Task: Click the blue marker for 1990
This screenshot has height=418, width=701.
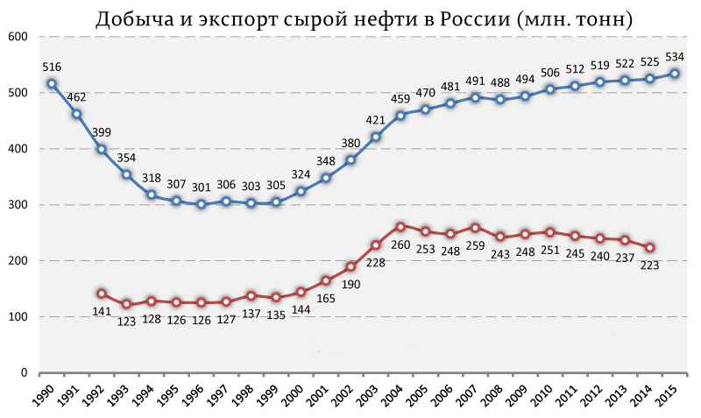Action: [52, 84]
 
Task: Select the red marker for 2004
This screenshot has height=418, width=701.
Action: [400, 227]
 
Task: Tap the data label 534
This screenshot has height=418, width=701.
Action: [674, 57]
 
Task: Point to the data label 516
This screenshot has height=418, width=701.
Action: [52, 66]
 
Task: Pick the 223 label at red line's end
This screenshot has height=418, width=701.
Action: [649, 266]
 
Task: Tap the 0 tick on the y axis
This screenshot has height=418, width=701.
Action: [25, 372]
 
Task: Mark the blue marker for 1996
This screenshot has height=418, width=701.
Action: [202, 204]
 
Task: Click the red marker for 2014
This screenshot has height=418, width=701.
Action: [649, 248]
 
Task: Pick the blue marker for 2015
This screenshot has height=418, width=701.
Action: [674, 74]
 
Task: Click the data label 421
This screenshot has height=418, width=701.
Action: [375, 120]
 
